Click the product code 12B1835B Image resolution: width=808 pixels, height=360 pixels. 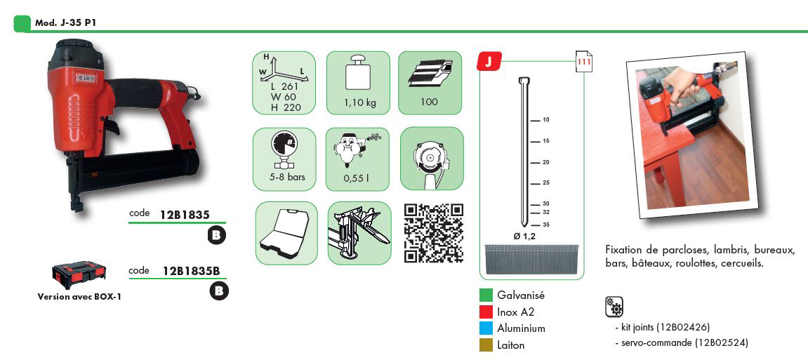click(x=192, y=271)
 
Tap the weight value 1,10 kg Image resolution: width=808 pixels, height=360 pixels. click(x=360, y=102)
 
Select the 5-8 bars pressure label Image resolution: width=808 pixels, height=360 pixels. click(x=284, y=177)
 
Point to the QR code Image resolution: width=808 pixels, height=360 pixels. click(x=433, y=233)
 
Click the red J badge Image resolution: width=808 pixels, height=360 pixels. click(x=487, y=61)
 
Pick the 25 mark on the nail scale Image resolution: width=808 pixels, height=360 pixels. click(x=546, y=183)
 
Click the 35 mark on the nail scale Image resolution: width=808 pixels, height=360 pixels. click(x=546, y=225)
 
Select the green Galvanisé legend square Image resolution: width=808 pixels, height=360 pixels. click(x=485, y=295)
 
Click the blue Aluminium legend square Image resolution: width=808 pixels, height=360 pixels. click(x=485, y=328)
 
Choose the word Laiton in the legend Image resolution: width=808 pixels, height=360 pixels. click(x=511, y=345)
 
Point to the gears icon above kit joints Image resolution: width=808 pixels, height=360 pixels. click(x=614, y=306)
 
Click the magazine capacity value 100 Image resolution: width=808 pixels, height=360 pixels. click(x=429, y=102)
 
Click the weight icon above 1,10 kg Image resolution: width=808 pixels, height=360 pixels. click(x=359, y=76)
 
